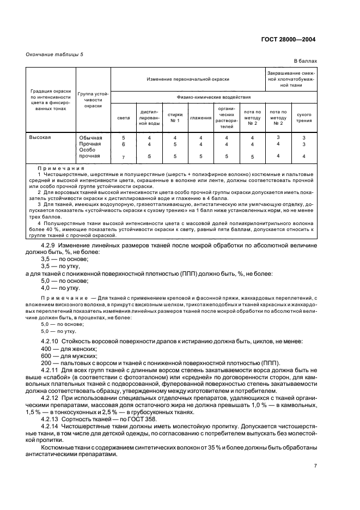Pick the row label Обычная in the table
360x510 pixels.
(x=90, y=138)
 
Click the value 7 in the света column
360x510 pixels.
(x=124, y=157)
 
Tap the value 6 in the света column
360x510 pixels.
(x=124, y=144)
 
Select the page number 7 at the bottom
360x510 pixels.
(x=315, y=466)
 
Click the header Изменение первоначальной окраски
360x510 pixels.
(x=187, y=79)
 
